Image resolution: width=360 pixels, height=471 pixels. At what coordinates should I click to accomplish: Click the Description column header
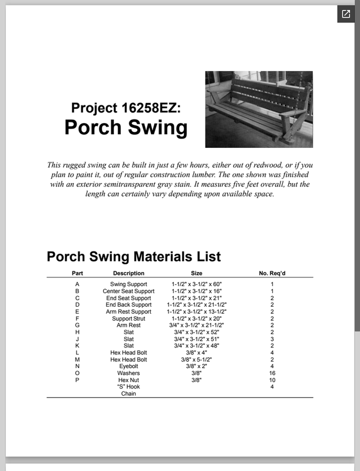coord(128,273)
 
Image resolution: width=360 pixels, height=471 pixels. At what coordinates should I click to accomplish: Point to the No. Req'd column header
coord(272,273)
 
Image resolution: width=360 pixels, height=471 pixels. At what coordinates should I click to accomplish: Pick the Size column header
coord(197,273)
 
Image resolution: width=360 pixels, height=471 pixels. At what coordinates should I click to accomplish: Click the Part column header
coord(77,273)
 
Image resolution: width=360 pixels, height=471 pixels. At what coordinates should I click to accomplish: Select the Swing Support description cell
coord(128,284)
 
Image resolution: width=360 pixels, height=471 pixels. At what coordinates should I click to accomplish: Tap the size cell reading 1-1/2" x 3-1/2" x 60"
coord(197,284)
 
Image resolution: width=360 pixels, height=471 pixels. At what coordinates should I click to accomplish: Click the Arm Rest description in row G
coord(128,325)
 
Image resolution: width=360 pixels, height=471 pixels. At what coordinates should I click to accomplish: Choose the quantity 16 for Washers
coord(272,373)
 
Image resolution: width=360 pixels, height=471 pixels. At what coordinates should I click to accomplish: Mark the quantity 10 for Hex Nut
coord(272,380)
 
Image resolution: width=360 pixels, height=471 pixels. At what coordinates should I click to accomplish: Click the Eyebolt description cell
coord(128,366)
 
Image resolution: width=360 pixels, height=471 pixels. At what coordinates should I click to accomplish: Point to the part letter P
coord(77,380)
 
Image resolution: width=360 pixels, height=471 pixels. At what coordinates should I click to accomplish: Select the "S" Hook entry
coord(128,387)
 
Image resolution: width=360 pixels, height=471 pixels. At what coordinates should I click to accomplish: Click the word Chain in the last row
coord(128,393)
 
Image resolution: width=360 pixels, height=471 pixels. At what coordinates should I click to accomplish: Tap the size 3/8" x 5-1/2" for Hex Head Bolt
coord(197,359)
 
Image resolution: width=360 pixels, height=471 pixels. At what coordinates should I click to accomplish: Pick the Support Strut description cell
coord(128,319)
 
